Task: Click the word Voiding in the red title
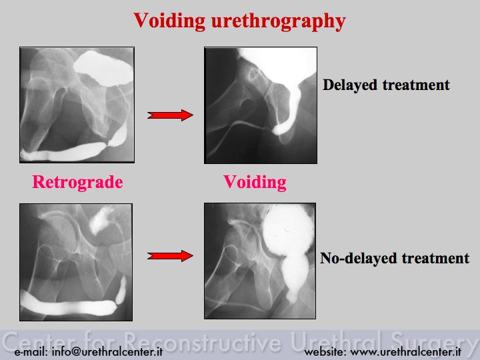pyautogui.click(x=169, y=21)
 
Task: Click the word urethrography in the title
pyautogui.click(x=279, y=22)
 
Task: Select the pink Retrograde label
pyautogui.click(x=77, y=182)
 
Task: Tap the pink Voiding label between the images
pyautogui.click(x=255, y=182)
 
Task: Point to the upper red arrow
pyautogui.click(x=170, y=115)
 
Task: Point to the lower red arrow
pyautogui.click(x=170, y=255)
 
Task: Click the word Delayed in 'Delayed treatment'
pyautogui.click(x=349, y=85)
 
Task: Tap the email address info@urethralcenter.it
pyautogui.click(x=107, y=352)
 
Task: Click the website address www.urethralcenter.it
pyautogui.click(x=405, y=352)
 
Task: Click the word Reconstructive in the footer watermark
pyautogui.click(x=203, y=341)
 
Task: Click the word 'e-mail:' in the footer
pyautogui.click(x=31, y=352)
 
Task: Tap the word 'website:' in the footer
pyautogui.click(x=325, y=352)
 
